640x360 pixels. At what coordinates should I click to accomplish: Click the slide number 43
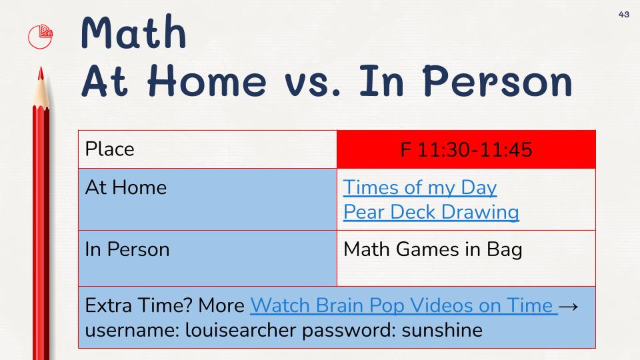point(624,14)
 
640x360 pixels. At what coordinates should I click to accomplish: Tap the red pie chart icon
point(41,37)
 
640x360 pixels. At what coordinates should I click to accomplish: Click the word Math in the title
point(133,32)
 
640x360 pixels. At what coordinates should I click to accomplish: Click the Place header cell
point(207,149)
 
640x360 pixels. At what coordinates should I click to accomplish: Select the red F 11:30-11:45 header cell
point(466,149)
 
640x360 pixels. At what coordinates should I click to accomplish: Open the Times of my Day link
point(420,188)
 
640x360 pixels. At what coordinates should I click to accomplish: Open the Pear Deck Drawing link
point(431,212)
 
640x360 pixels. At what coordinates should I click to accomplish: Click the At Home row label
point(126,188)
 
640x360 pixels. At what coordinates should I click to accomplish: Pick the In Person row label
point(127,249)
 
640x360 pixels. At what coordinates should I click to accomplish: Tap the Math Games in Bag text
point(433,250)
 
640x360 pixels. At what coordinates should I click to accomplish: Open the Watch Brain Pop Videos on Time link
point(404,305)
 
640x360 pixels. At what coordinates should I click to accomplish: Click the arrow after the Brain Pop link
point(568,306)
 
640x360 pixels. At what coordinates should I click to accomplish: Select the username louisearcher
point(241,330)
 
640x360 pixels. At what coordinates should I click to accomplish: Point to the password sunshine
point(442,330)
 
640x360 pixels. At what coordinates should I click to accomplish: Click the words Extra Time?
point(139,305)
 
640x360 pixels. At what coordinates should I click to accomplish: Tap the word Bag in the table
point(505,250)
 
